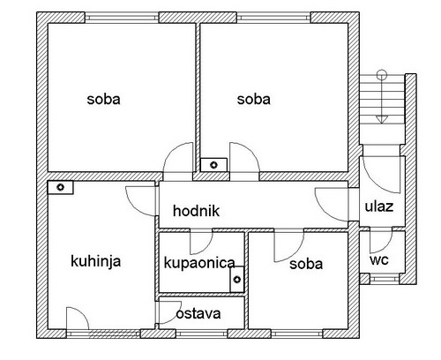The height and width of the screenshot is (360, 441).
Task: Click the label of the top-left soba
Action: coord(103,100)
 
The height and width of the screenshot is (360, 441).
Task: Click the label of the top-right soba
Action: coord(254,100)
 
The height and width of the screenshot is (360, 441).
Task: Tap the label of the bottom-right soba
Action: coord(306,264)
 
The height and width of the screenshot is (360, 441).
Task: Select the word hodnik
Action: coord(196,211)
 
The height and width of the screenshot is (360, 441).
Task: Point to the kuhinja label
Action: coord(96,261)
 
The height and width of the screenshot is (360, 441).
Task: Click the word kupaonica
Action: coord(199,263)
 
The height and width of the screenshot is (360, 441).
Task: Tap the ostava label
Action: coord(198,313)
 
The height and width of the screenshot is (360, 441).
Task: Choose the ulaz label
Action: coord(379,206)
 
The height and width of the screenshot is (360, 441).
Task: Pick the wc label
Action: coord(379,260)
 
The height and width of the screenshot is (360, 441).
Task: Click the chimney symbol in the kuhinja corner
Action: coord(60,187)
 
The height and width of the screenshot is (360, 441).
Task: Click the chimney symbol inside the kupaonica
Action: coord(237,280)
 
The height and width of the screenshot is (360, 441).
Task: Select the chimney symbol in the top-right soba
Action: coord(213,165)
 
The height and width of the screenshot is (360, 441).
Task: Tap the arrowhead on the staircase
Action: coord(382,119)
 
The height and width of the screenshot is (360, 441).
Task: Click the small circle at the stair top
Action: coord(382,74)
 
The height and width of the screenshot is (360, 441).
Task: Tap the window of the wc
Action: coord(385,278)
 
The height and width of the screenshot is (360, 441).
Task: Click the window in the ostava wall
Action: coord(202,334)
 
